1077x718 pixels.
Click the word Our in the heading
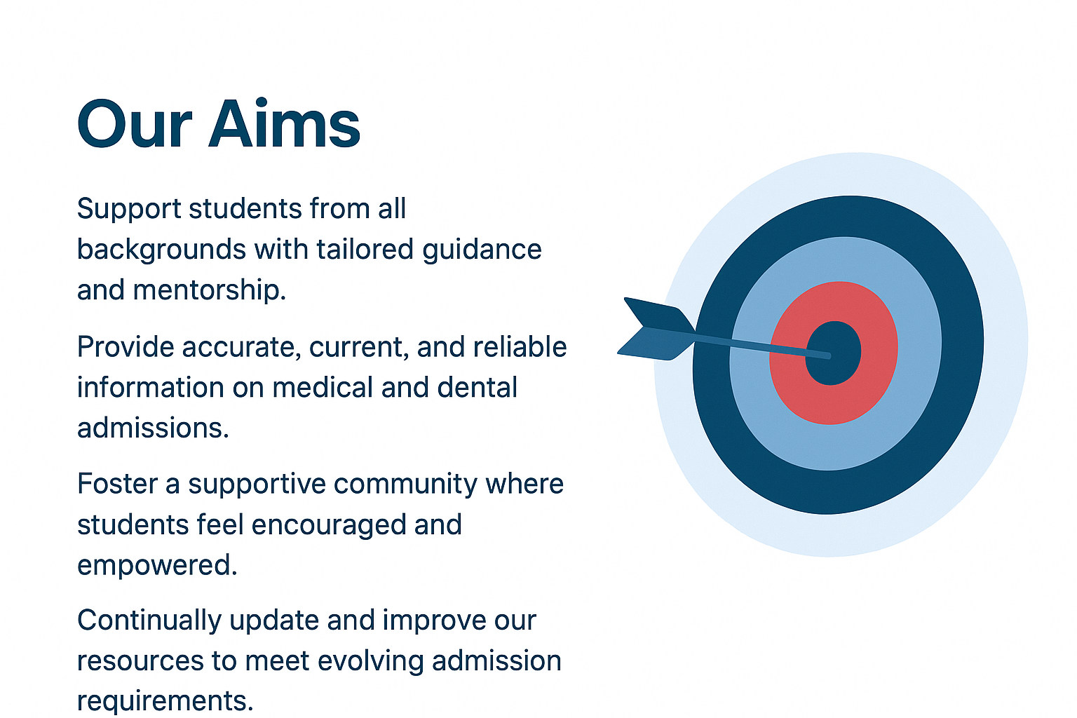coord(135,123)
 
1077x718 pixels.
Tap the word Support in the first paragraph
coord(129,210)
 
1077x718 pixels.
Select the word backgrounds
coord(161,250)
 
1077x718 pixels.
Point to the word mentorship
coord(210,290)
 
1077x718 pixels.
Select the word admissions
coord(153,428)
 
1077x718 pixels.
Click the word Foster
coord(117,483)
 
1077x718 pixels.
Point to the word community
coord(405,485)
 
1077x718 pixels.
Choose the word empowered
coord(157,566)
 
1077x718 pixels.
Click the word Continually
coord(149,621)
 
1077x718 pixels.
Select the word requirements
coord(165,702)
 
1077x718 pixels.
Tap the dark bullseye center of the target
coord(833,353)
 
